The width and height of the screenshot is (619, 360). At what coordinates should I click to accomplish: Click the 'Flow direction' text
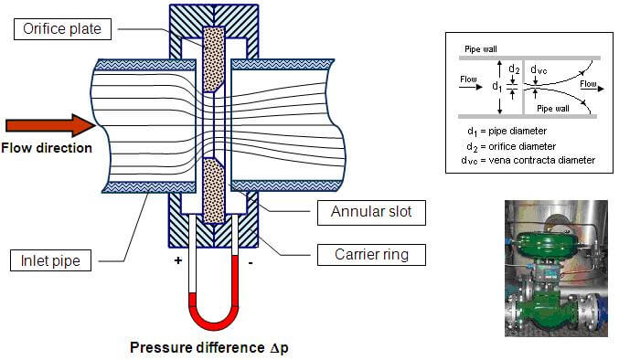(47, 148)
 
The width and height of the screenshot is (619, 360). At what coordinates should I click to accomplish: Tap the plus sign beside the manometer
(178, 260)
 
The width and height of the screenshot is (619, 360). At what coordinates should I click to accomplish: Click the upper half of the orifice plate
(214, 59)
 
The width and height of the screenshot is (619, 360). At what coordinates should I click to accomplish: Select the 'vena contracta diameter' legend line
(528, 160)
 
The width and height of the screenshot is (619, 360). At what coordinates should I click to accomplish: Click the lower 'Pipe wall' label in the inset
(555, 108)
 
